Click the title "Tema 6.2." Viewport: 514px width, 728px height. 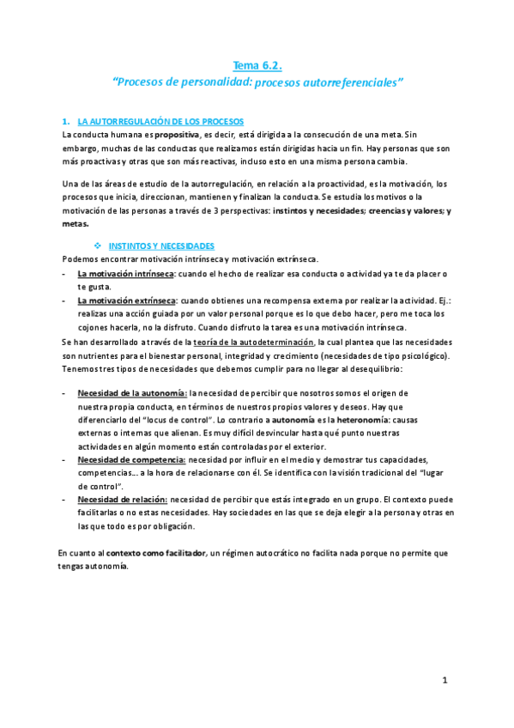coord(257,64)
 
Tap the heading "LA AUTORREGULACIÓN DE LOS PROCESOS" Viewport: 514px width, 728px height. coord(160,121)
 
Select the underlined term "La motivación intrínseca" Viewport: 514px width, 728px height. coord(126,273)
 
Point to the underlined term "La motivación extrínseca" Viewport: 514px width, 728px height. coord(126,300)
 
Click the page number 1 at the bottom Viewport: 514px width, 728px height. coord(445,680)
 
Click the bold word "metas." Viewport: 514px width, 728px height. coord(76,223)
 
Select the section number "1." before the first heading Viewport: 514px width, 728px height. coord(66,121)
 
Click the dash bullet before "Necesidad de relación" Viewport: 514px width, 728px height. coord(65,499)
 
